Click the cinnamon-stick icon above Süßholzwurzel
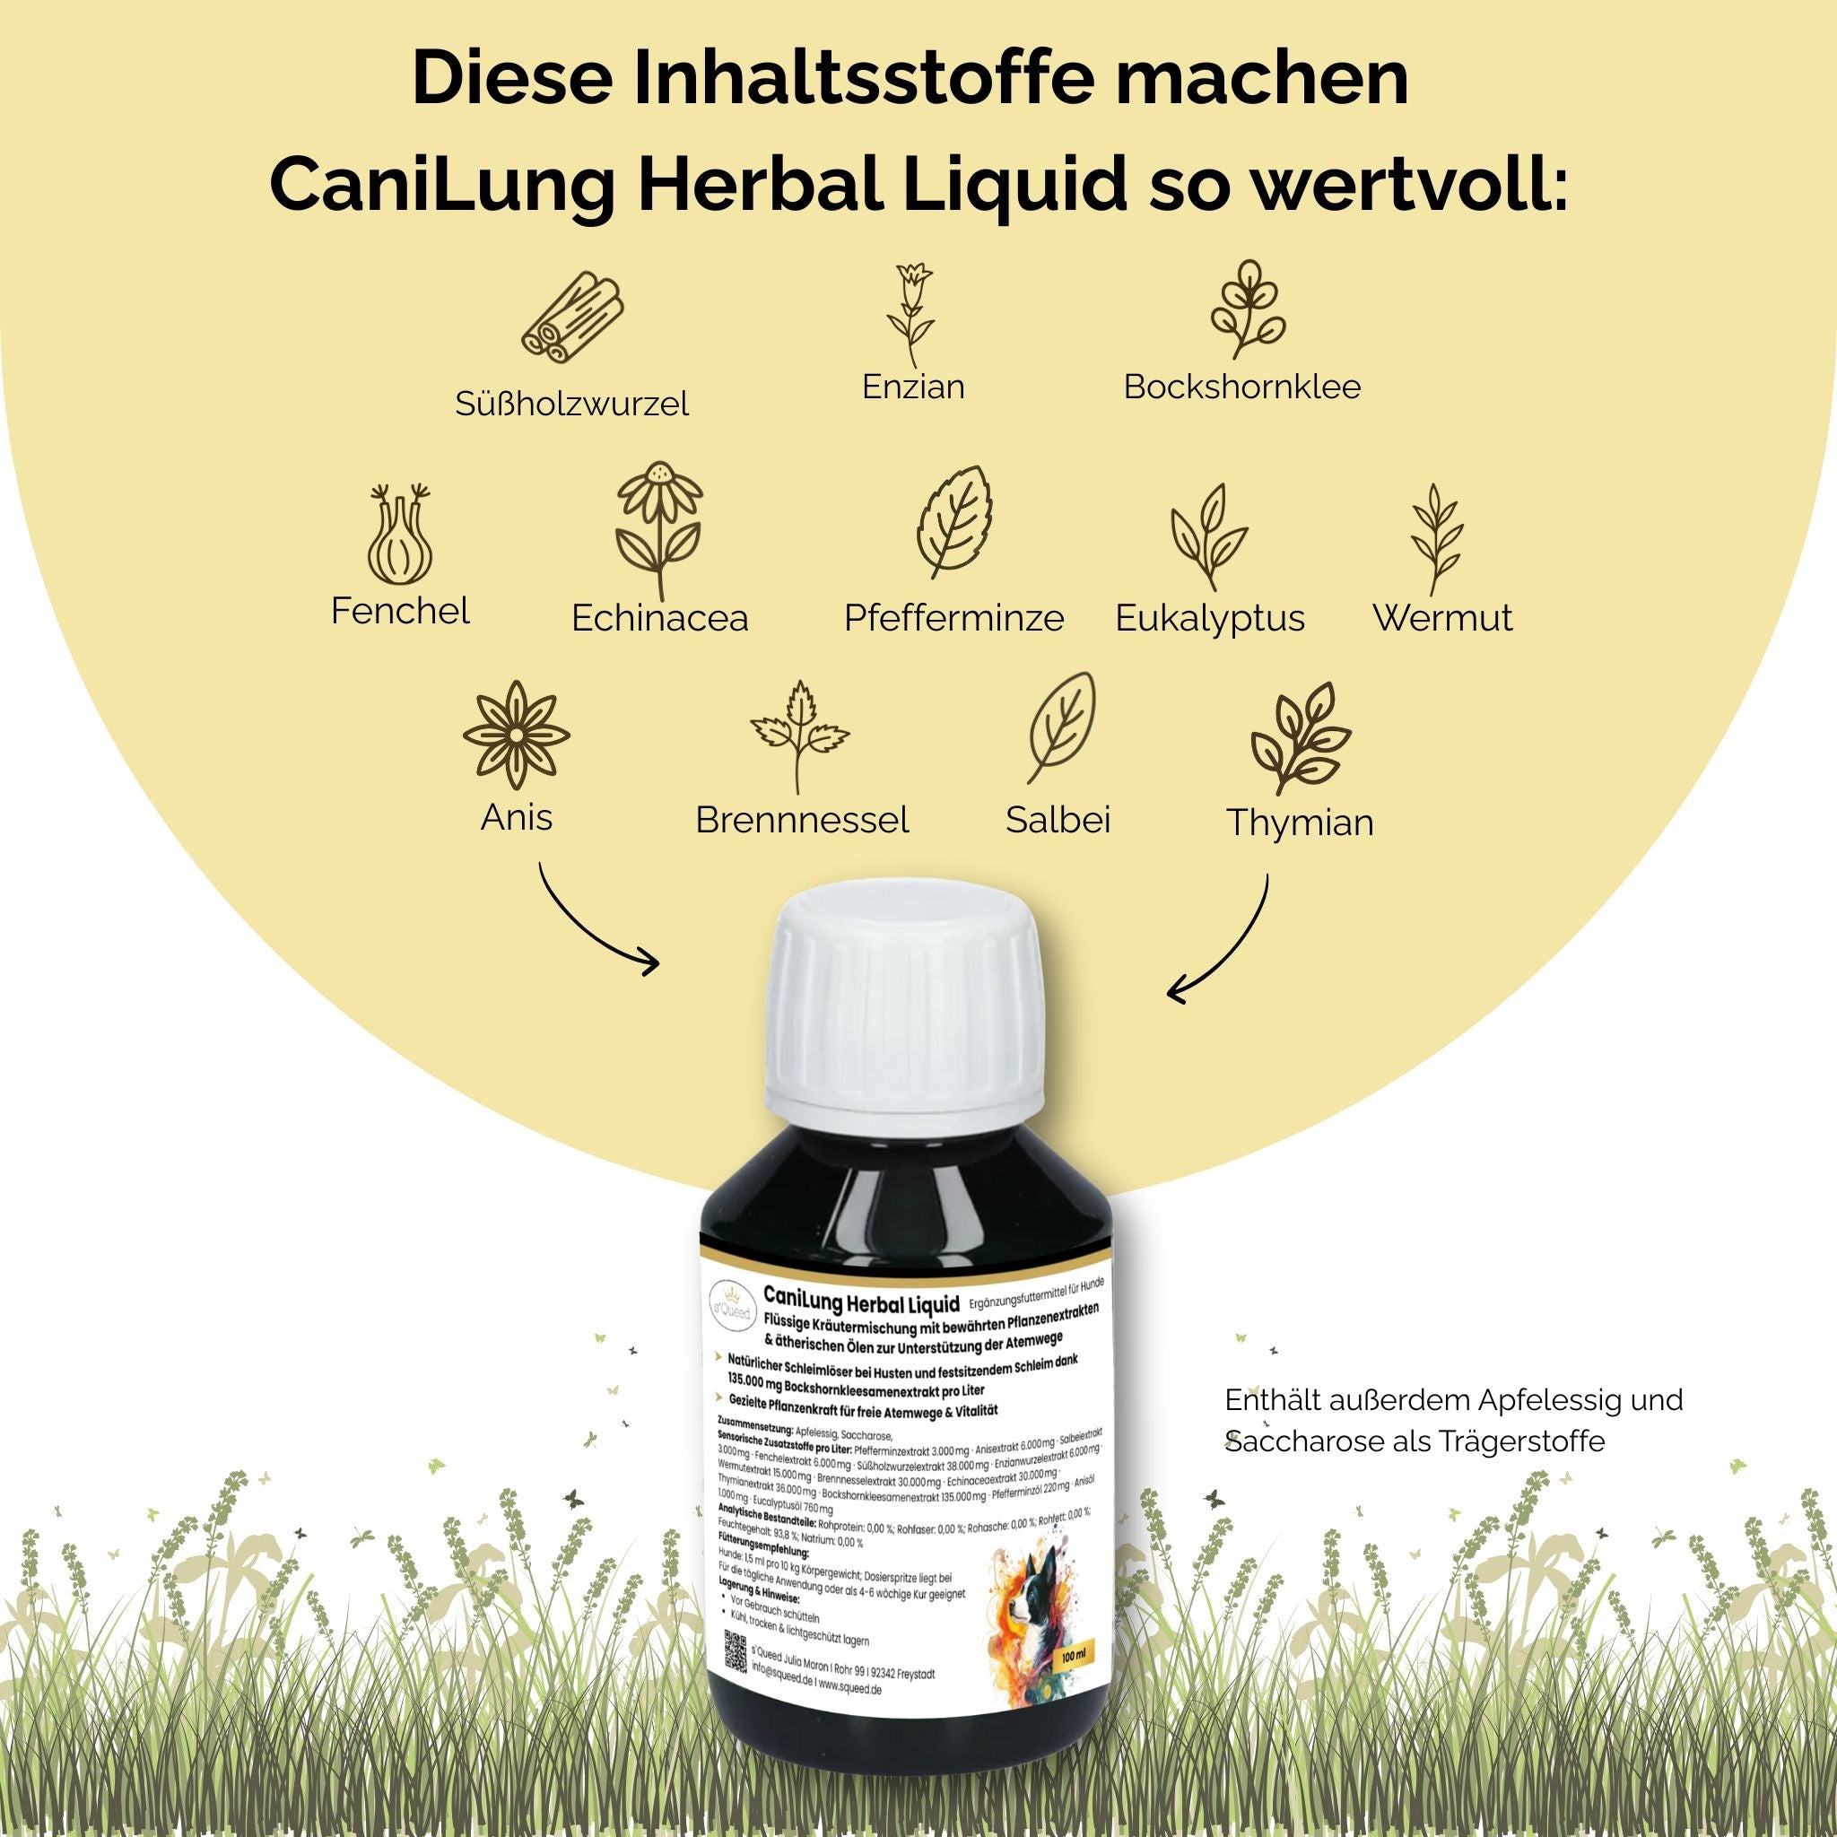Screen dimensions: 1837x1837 click(x=572, y=318)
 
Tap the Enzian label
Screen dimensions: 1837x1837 click(x=913, y=387)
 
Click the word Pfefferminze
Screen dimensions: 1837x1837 click(x=953, y=618)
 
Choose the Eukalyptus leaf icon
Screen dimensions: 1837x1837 click(x=1207, y=535)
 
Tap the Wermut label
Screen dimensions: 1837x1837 click(x=1441, y=618)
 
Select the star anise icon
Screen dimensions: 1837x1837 click(x=516, y=734)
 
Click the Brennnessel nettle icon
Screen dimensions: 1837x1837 click(x=798, y=737)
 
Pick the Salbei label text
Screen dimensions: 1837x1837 click(x=1058, y=820)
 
